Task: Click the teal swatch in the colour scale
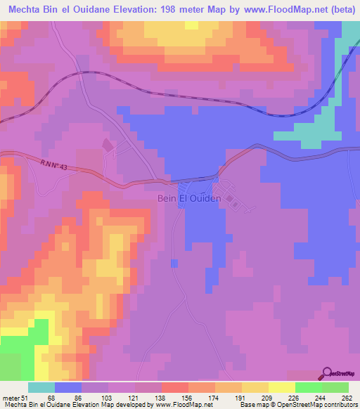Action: [41, 387]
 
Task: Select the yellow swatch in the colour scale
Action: [255, 387]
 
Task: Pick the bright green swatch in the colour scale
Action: [309, 387]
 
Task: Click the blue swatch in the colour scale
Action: [68, 387]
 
